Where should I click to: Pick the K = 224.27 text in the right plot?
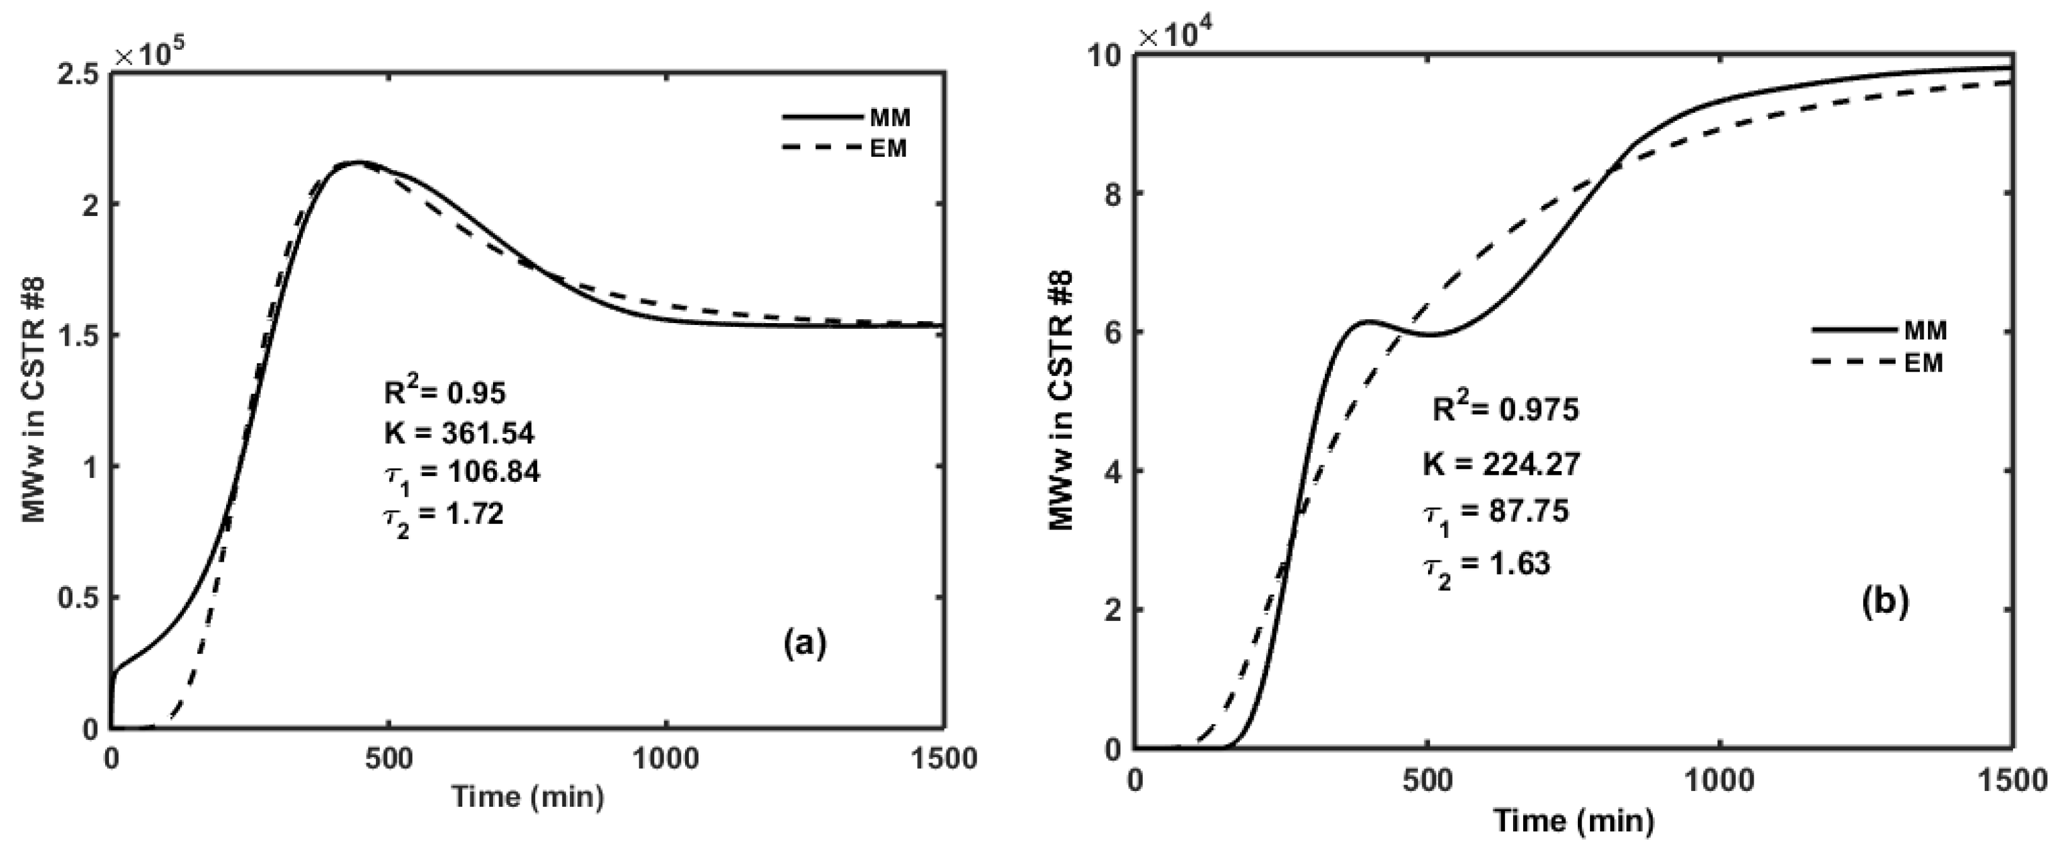(x=1501, y=464)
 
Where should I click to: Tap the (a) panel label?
(x=804, y=642)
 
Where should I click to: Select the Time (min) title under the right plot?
(x=1574, y=821)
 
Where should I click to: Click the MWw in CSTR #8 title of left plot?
(x=33, y=400)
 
